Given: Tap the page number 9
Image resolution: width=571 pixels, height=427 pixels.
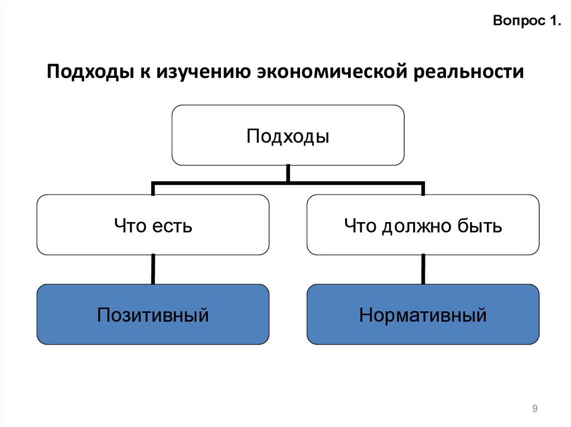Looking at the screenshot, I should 535,409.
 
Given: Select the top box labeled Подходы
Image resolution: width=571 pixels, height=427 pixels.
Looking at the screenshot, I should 288,135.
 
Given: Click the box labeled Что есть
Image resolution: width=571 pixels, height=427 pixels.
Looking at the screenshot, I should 153,225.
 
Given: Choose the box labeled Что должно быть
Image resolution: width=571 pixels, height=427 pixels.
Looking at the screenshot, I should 423,225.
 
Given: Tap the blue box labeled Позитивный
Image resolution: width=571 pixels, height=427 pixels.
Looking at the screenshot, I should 153,315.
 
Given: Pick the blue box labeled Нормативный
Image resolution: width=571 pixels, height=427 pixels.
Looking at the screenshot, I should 423,315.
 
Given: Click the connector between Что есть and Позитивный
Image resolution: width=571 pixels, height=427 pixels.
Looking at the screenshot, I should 153,269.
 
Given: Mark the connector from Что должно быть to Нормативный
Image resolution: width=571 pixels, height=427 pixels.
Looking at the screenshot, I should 423,269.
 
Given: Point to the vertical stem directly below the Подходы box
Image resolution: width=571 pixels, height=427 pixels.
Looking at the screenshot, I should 288,173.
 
